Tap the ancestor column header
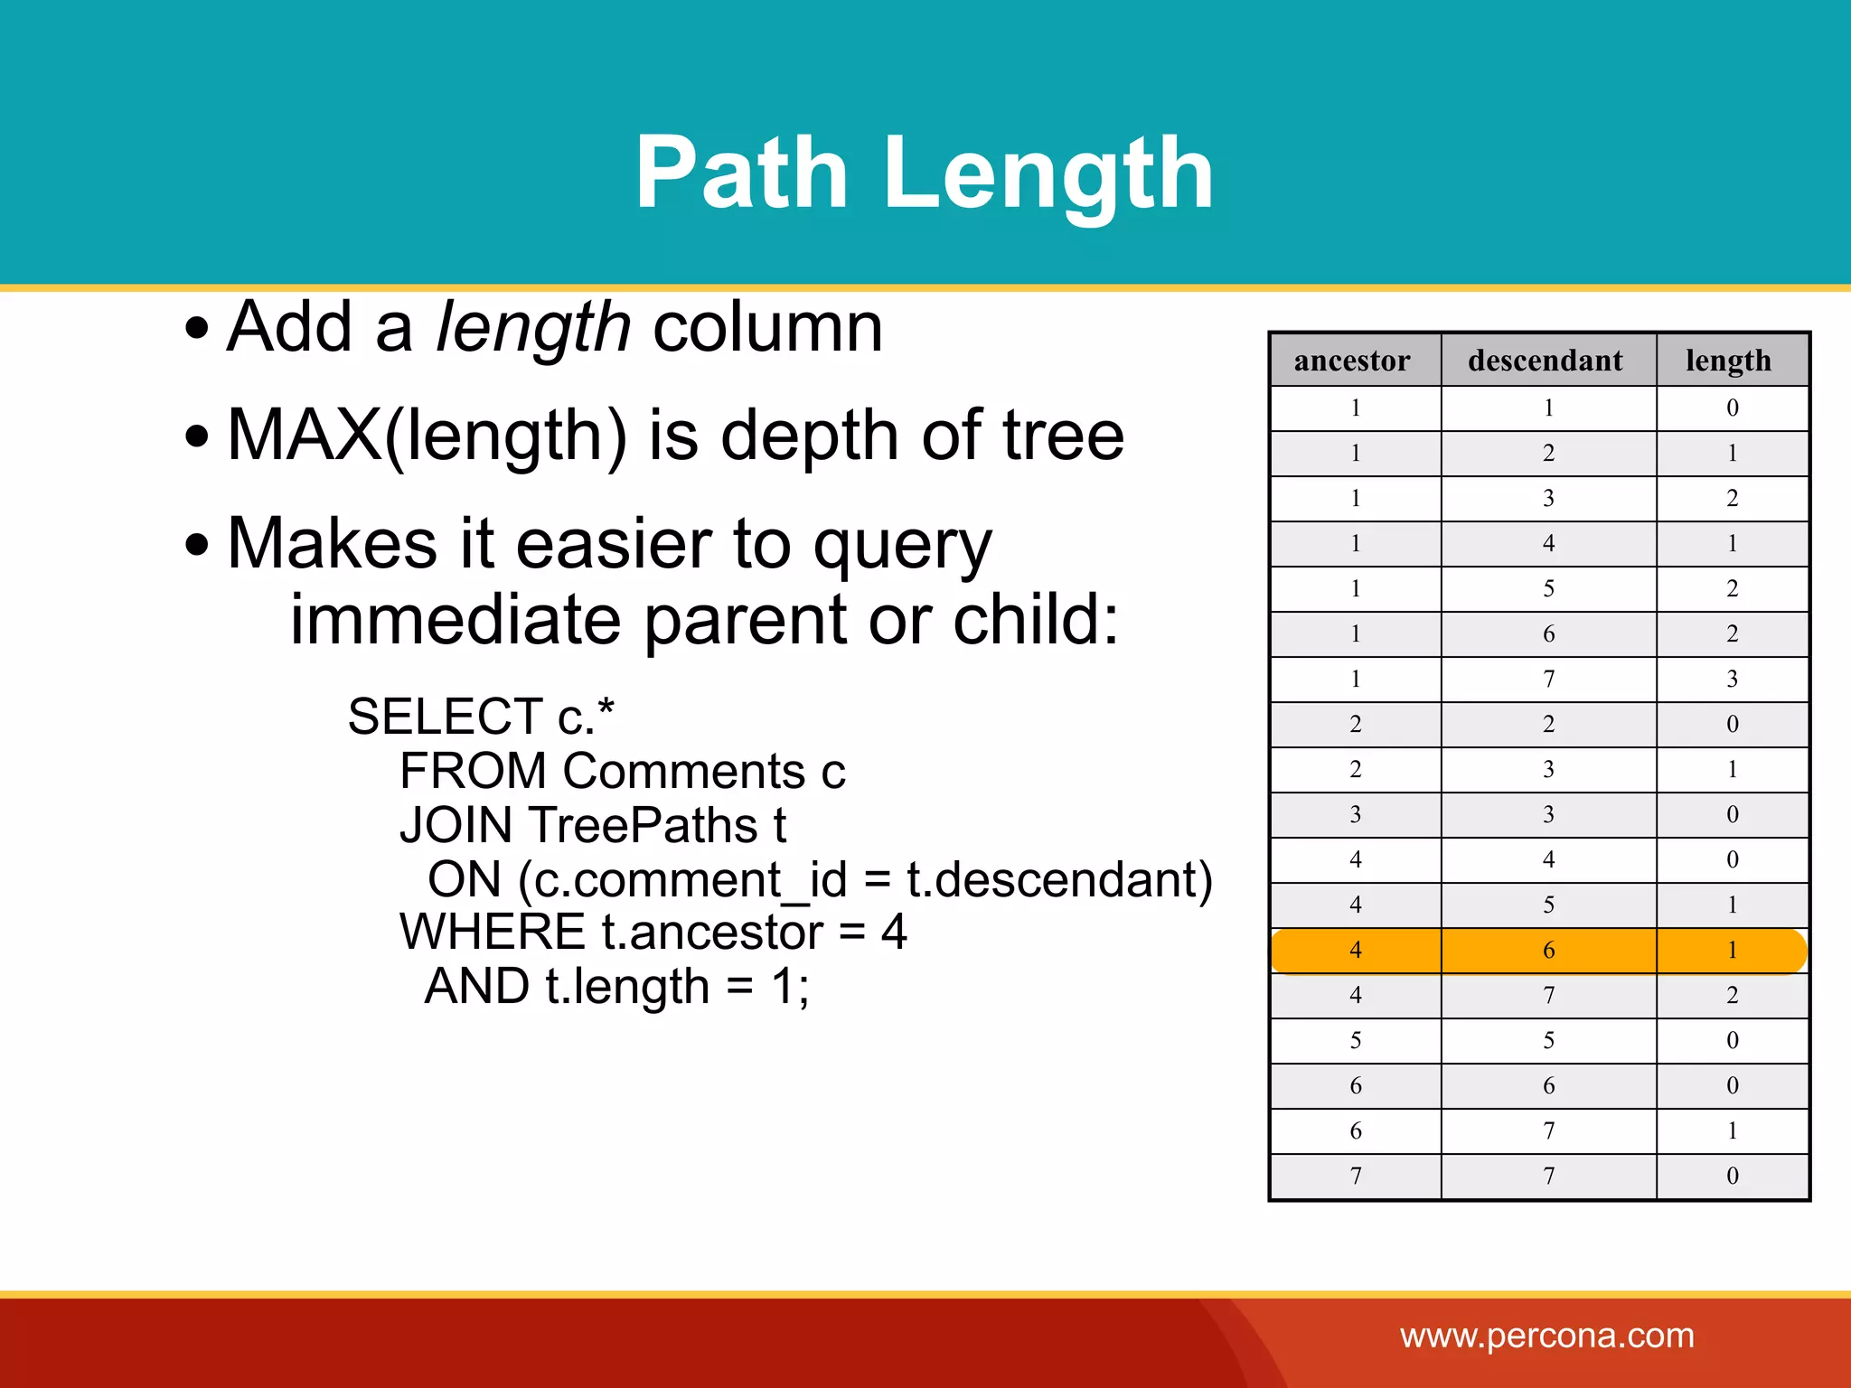(x=1352, y=361)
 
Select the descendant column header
(x=1546, y=361)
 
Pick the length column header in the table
(x=1728, y=361)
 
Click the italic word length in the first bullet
(x=532, y=327)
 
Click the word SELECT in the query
(x=444, y=717)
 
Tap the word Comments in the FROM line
(x=683, y=771)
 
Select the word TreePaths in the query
(x=643, y=825)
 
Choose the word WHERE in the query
(x=493, y=932)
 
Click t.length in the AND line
(x=627, y=986)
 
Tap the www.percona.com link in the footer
(x=1547, y=1336)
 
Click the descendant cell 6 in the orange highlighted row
(x=1549, y=951)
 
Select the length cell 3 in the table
(x=1732, y=680)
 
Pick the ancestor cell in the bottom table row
(x=1355, y=1177)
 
